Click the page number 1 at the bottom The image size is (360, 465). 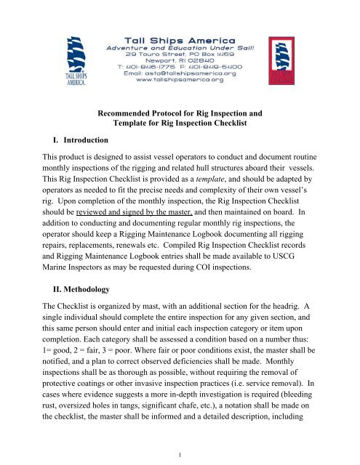[x=180, y=451]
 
